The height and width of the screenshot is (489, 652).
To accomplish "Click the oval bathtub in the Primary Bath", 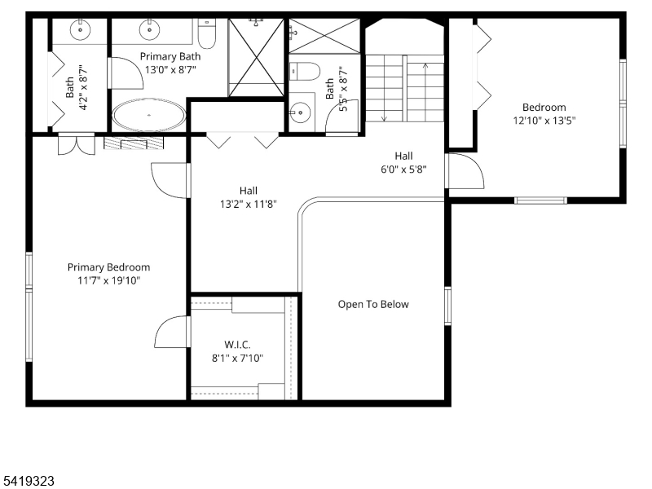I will tap(148, 115).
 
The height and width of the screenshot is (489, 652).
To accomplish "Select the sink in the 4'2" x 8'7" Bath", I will tap(80, 31).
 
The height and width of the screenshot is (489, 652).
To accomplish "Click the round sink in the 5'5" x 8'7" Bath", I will tap(302, 110).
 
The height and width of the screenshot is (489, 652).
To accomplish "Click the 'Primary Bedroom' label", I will tap(108, 267).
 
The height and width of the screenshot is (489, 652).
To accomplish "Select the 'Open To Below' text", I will tap(373, 305).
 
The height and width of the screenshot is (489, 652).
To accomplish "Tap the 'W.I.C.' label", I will tap(237, 345).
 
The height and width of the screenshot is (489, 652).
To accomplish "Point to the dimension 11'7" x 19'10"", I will tap(108, 280).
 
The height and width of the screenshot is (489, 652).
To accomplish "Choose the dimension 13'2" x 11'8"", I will tap(248, 204).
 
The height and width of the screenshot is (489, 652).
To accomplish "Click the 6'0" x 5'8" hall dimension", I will tap(403, 170).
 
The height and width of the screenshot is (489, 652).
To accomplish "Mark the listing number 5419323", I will tap(28, 482).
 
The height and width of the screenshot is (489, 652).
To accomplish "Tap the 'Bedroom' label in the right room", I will tap(544, 108).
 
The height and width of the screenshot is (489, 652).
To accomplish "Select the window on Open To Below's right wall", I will tap(447, 306).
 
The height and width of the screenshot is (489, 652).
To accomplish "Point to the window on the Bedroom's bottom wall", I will tap(540, 200).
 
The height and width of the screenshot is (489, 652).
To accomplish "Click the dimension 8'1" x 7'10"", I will tap(237, 358).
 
